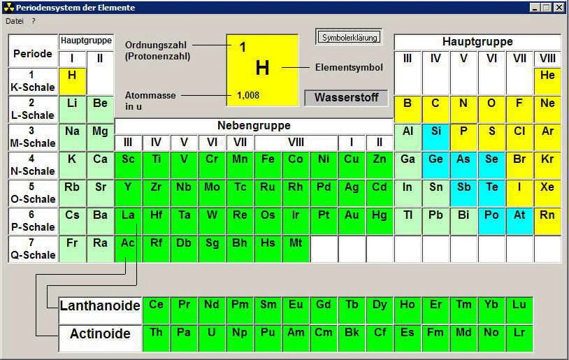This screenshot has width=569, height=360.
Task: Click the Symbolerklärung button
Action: point(349,38)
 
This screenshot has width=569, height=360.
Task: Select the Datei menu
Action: point(15,21)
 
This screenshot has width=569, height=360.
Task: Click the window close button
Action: point(559,7)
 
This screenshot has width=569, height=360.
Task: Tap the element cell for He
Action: point(547,75)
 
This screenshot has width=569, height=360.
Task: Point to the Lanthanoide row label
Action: point(100,306)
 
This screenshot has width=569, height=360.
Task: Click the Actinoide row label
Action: point(100,334)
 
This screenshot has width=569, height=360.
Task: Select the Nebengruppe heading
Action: point(254,126)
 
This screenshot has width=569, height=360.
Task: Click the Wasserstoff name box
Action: point(346,98)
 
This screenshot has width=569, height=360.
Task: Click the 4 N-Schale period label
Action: point(33,165)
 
